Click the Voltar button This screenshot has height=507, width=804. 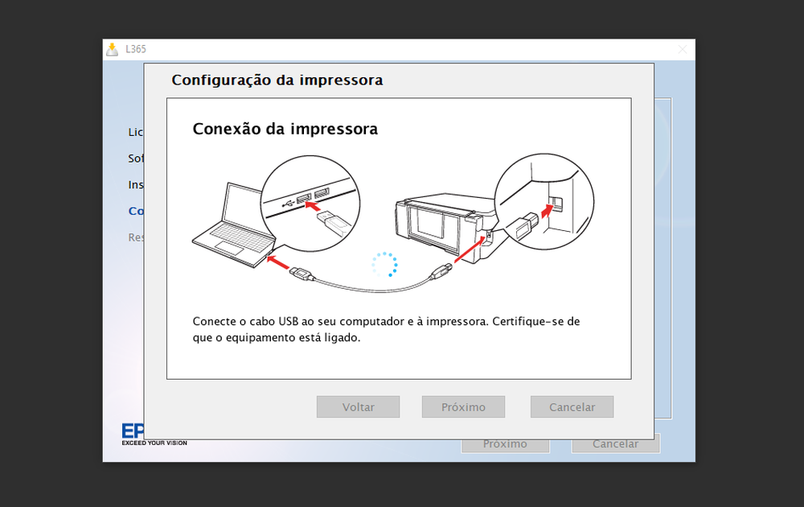[358, 406]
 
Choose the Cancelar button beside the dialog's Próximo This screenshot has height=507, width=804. [572, 406]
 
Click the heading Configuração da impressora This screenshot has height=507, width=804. [277, 80]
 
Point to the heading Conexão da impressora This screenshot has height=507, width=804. [285, 129]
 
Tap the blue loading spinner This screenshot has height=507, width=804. [384, 264]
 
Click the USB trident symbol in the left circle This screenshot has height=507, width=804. [287, 204]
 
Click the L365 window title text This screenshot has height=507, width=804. [136, 49]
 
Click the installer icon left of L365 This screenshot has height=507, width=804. [113, 49]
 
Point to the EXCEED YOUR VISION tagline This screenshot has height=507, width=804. [154, 443]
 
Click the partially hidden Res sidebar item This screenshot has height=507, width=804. [136, 237]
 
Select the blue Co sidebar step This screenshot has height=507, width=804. [136, 212]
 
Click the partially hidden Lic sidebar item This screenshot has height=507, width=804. [136, 132]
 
